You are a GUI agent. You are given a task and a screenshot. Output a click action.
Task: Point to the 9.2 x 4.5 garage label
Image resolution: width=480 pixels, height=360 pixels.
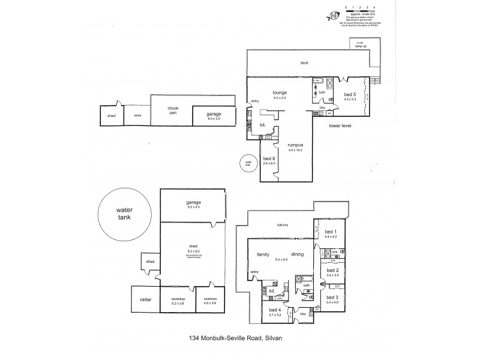click(x=193, y=204)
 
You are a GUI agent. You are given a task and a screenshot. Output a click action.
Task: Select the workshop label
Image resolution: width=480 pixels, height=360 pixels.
click(x=178, y=300)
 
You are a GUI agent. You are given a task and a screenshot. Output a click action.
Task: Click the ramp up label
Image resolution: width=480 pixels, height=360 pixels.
click(x=361, y=46)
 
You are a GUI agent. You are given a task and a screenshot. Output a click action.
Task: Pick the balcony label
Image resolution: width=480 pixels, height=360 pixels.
click(x=283, y=225)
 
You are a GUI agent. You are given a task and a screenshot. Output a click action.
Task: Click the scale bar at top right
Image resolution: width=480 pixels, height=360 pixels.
click(x=358, y=9)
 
